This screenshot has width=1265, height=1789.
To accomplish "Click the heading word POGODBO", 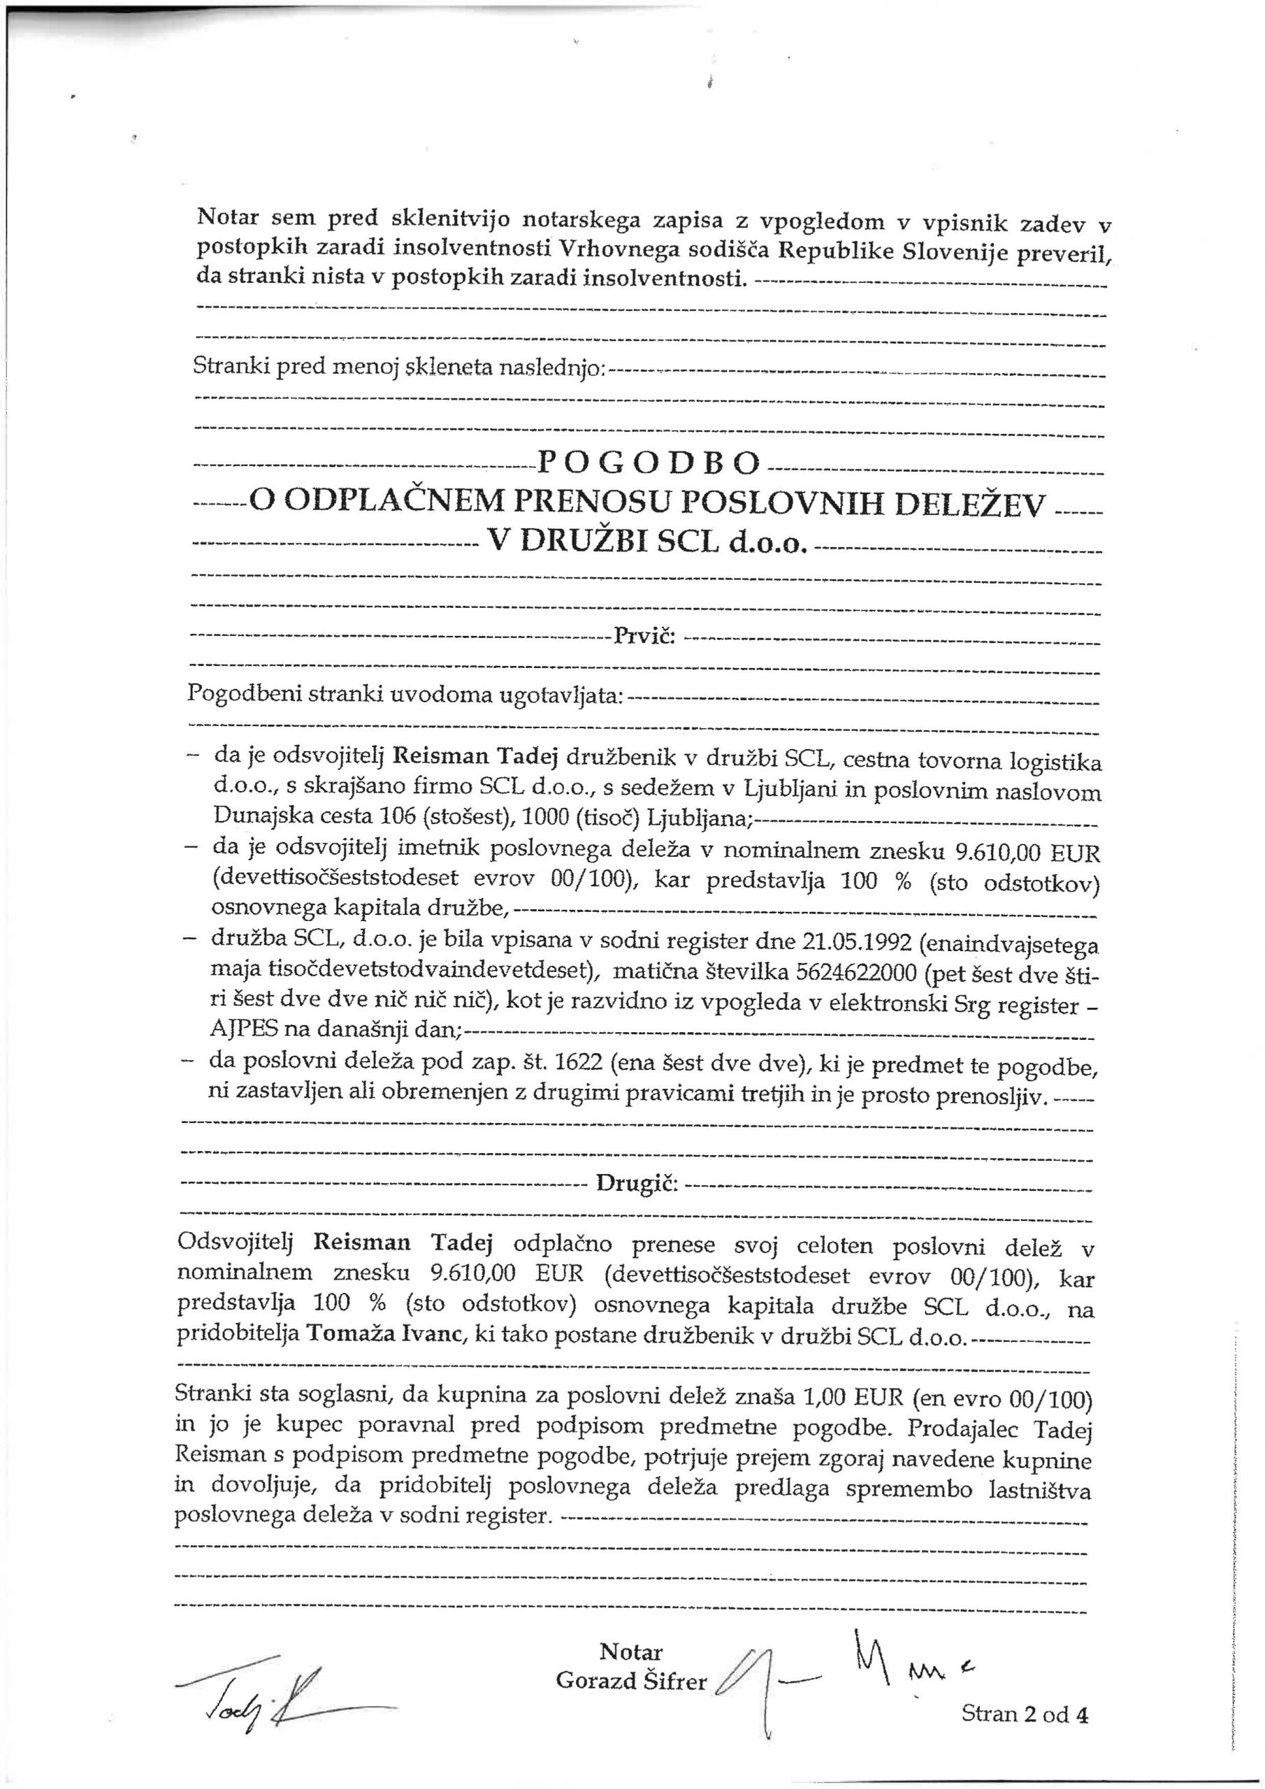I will [648, 465].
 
